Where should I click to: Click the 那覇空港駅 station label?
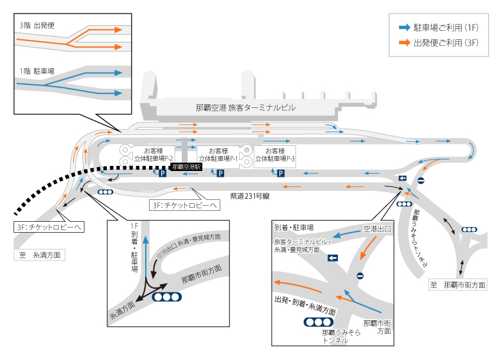click(186, 167)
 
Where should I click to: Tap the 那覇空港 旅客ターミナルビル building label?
click(245, 108)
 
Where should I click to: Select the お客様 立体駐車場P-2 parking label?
click(154, 154)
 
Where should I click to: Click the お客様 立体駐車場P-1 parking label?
click(218, 154)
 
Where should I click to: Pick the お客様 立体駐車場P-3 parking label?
click(275, 154)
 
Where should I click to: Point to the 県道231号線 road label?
click(250, 196)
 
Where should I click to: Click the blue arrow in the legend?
click(405, 28)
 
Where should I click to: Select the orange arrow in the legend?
click(405, 42)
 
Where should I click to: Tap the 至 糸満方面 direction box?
click(40, 255)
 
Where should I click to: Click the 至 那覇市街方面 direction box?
click(458, 285)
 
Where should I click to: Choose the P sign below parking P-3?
click(281, 174)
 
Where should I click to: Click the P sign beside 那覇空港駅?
click(163, 174)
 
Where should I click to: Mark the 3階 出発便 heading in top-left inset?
click(37, 26)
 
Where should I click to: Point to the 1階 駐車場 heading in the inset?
click(37, 71)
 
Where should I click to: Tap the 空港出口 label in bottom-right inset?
click(376, 229)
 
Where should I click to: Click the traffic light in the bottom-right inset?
click(318, 322)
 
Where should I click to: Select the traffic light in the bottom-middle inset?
click(167, 297)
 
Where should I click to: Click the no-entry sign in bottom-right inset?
click(360, 276)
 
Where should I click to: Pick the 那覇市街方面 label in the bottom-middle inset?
click(202, 274)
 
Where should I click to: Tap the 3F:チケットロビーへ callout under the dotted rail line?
click(49, 227)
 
